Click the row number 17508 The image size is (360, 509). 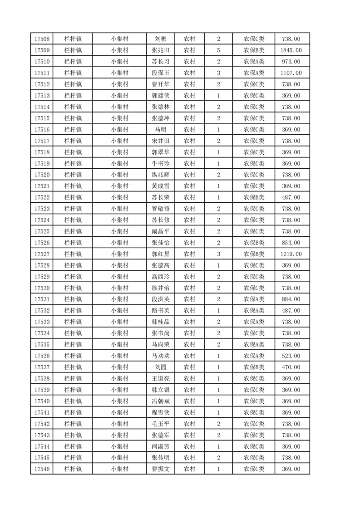tap(42, 39)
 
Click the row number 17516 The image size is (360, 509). tap(42, 130)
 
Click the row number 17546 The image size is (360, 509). tap(42, 469)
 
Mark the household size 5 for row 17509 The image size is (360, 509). tap(218, 50)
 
